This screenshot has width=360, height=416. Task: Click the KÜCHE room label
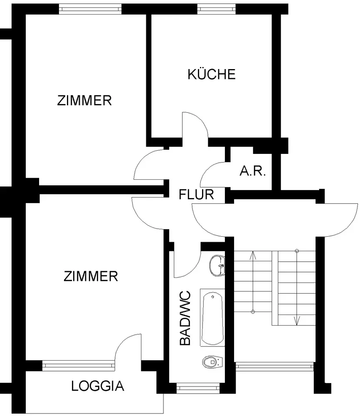[x=212, y=74]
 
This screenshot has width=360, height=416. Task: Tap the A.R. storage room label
[x=252, y=171]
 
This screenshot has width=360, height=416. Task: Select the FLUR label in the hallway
[x=196, y=194]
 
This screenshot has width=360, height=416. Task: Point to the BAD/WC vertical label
[x=185, y=318]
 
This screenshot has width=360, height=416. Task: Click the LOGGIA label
[x=98, y=386]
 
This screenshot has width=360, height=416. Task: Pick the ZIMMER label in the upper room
[x=84, y=101]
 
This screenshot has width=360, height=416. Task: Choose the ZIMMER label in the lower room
[x=91, y=276]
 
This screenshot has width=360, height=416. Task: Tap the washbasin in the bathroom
[x=217, y=265]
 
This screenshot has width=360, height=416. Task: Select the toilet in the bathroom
[x=212, y=362]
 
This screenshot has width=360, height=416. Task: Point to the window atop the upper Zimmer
[x=91, y=9]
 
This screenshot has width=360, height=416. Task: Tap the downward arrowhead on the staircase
[x=297, y=320]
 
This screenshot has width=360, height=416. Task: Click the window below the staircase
[x=274, y=366]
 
